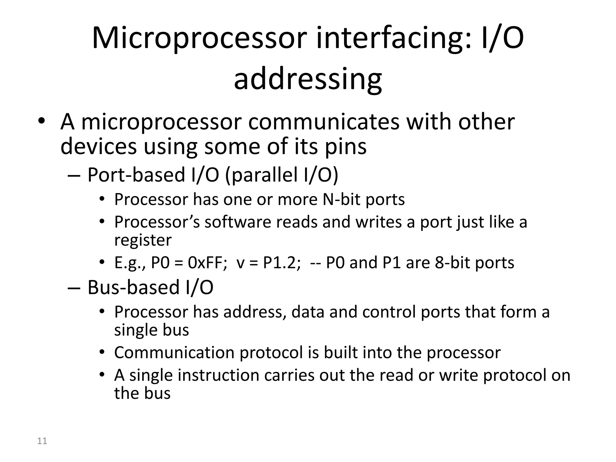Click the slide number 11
tap(42, 441)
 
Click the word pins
tap(346, 146)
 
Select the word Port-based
tap(136, 175)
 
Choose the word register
tap(143, 240)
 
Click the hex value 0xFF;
tap(207, 263)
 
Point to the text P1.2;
tap(282, 263)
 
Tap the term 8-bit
tap(452, 263)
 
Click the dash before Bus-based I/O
tap(74, 288)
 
